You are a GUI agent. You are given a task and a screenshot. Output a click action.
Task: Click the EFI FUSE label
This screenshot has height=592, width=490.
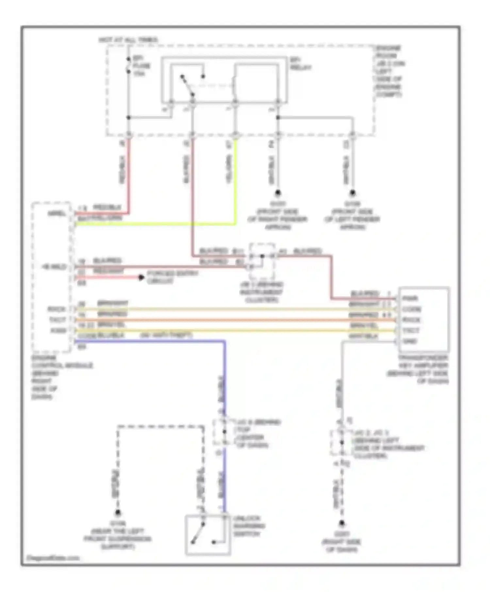141,66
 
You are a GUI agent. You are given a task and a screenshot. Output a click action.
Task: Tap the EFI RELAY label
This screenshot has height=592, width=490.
300,64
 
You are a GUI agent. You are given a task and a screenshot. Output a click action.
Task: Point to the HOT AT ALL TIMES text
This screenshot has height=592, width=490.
128,40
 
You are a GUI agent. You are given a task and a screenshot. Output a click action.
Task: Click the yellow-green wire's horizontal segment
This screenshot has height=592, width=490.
154,224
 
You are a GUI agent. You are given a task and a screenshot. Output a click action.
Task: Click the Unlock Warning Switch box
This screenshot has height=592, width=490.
208,535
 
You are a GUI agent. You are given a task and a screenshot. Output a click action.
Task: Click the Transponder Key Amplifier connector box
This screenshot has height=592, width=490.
423,319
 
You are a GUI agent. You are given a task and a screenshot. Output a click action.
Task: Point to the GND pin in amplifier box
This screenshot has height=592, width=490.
410,341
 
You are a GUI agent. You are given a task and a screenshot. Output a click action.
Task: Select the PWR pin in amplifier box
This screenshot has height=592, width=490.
410,298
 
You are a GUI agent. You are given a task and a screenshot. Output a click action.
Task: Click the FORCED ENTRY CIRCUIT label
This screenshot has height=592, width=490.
172,277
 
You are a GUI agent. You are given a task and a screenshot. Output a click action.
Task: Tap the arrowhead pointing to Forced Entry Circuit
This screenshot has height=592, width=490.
141,278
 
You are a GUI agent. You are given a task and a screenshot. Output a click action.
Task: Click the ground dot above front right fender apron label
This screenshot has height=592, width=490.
278,194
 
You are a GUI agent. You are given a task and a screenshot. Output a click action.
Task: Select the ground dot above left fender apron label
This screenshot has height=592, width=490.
352,194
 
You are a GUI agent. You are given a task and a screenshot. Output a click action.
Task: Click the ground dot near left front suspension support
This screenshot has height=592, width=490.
118,513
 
